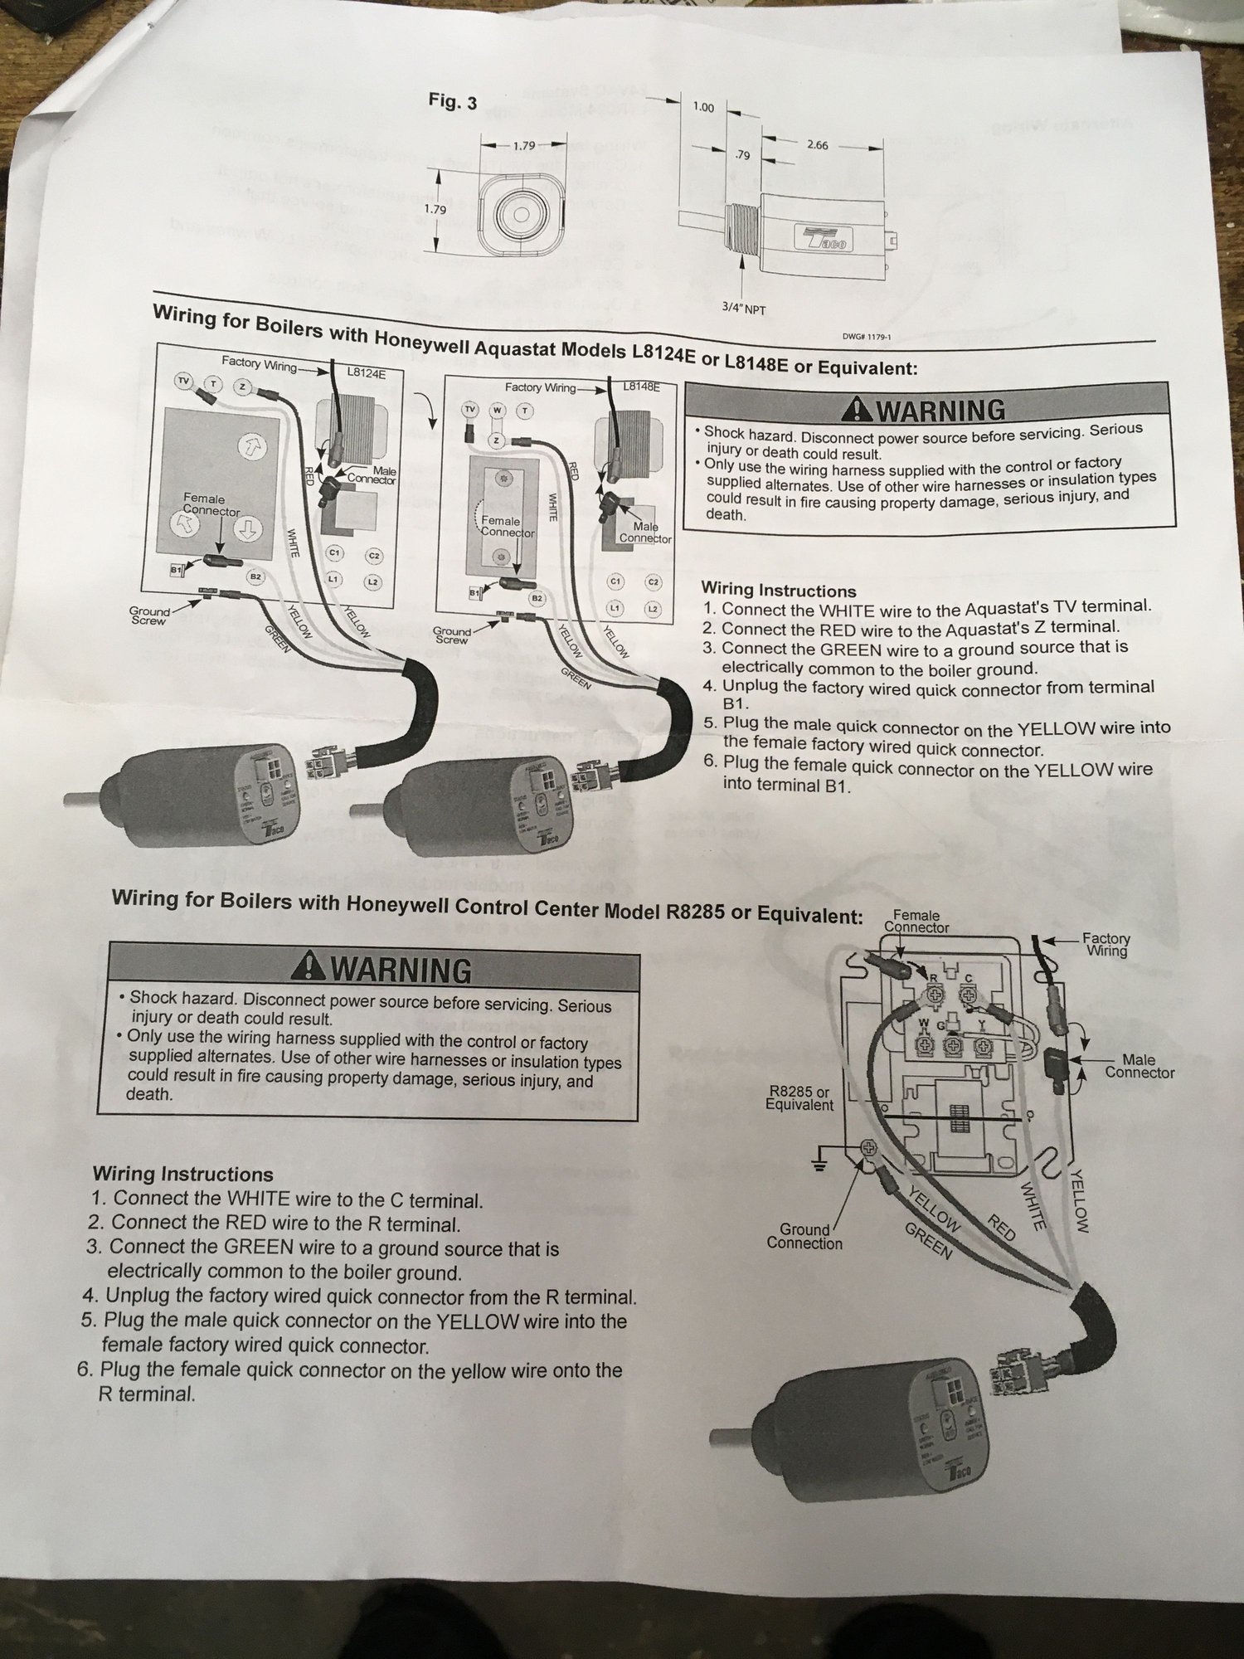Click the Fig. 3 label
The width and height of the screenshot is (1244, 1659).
(452, 103)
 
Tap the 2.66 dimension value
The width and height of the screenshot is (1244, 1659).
(817, 144)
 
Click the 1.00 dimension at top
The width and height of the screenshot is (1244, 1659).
(702, 107)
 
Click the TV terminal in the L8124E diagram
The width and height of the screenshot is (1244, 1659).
(183, 382)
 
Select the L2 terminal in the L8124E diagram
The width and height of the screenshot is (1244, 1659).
(373, 581)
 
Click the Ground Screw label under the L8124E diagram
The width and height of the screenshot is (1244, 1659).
(149, 615)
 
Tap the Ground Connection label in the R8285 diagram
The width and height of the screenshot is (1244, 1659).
(804, 1236)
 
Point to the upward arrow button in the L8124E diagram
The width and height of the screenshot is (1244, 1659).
(248, 448)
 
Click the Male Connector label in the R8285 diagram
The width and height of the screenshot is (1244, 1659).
(1139, 1066)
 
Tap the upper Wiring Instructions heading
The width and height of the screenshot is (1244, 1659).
(778, 591)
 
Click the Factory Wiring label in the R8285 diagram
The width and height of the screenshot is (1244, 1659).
(1106, 944)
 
